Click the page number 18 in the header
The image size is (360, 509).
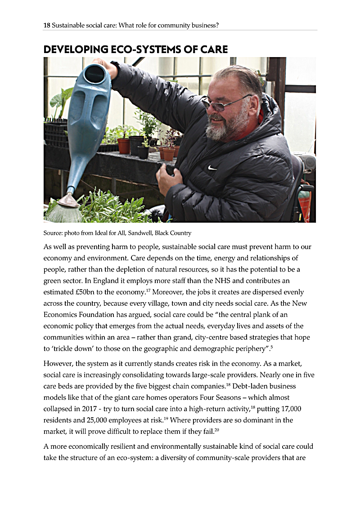pos(47,26)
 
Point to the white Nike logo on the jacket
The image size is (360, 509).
pos(212,167)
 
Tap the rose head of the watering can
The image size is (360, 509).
pos(66,202)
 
